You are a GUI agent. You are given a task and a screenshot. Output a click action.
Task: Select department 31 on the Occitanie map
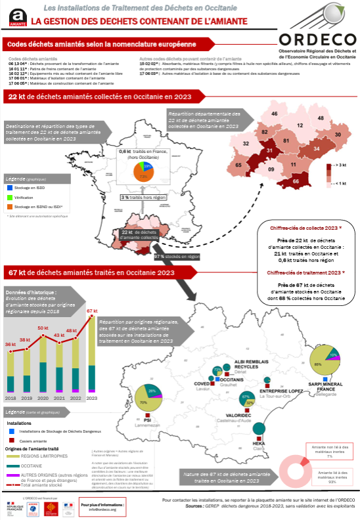[x=269, y=152]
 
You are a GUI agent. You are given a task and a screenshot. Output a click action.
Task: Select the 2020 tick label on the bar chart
[x=43, y=398]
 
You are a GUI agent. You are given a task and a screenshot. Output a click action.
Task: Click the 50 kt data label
[x=43, y=328]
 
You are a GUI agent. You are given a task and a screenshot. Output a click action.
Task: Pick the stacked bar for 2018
[x=11, y=372]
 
